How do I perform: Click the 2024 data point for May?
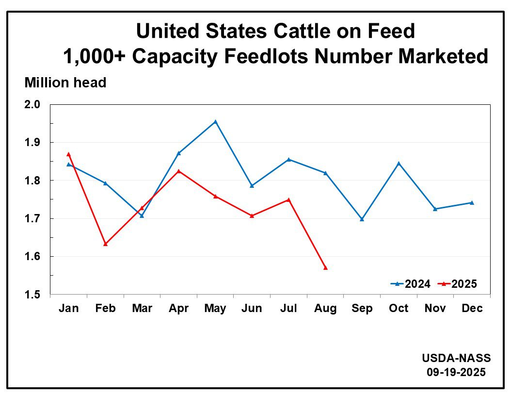(215, 122)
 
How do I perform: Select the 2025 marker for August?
(325, 268)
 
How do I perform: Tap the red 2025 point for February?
(105, 244)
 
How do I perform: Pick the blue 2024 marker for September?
(362, 219)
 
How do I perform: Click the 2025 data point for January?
(69, 154)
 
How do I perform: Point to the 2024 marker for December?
(472, 203)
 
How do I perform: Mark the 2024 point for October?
(399, 164)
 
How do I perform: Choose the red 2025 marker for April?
(178, 171)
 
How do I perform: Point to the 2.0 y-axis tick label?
(33, 105)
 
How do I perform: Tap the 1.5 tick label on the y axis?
(33, 295)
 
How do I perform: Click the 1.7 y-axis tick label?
(33, 219)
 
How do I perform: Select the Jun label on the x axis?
(252, 309)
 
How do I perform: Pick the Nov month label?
(435, 309)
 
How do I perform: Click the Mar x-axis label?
(142, 309)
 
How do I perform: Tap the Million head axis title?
(65, 83)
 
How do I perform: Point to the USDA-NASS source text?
(456, 358)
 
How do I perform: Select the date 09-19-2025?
(456, 372)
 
